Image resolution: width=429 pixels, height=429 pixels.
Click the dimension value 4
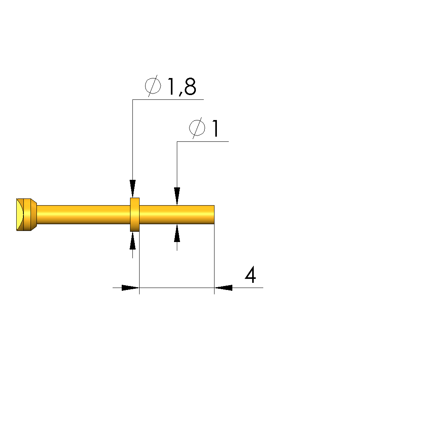250,275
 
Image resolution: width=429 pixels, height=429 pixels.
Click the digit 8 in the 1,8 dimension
190,87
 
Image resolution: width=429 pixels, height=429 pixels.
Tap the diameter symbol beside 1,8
153,86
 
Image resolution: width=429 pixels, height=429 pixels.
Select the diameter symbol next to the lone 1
197,128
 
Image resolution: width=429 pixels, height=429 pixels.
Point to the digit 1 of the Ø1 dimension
215,128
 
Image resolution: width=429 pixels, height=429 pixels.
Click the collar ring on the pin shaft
135,215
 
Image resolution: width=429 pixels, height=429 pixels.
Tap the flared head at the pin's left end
27,215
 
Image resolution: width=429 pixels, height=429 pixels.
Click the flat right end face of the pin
214,215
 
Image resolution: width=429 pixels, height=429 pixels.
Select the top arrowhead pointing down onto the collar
132,189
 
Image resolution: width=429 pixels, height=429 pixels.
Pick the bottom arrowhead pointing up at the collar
132,241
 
